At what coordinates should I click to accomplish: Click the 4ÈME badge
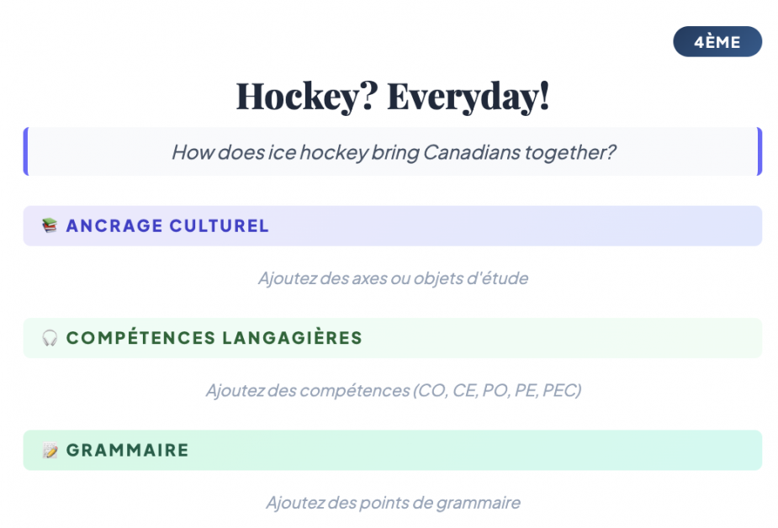point(717,42)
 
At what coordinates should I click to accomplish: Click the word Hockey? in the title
point(307,96)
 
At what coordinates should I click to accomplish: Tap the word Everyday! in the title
point(468,96)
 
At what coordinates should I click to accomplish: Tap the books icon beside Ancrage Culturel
point(50,225)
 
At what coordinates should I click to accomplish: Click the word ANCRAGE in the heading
point(114,226)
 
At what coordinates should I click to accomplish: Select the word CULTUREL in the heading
point(219,226)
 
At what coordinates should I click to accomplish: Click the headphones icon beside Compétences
point(50,338)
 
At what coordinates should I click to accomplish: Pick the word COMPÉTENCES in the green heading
point(141,338)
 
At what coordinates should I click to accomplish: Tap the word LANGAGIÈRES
point(292,338)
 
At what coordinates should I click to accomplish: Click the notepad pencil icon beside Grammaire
point(50,450)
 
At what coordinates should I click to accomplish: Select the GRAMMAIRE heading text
point(128,450)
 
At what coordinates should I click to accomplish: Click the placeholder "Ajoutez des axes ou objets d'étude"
point(393,278)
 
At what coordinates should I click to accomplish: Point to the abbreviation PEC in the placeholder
point(561,391)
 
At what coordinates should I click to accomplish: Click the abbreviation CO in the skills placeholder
point(431,391)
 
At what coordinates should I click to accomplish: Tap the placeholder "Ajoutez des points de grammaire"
point(393,503)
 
